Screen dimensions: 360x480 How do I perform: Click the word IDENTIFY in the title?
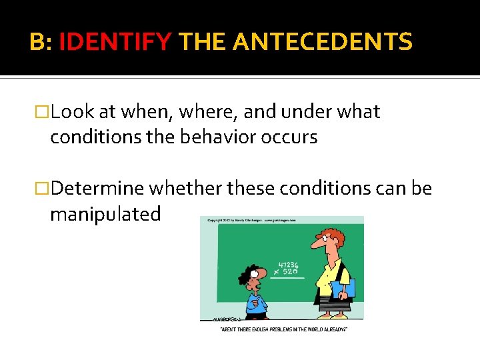pos(115,43)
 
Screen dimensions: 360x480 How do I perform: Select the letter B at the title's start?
pos(37,43)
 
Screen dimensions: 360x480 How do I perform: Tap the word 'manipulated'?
pos(105,214)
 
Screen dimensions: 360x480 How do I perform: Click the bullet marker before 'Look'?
pos(43,112)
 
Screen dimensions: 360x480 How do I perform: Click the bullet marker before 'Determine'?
pos(43,189)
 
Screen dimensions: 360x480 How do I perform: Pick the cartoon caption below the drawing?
pos(283,329)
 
